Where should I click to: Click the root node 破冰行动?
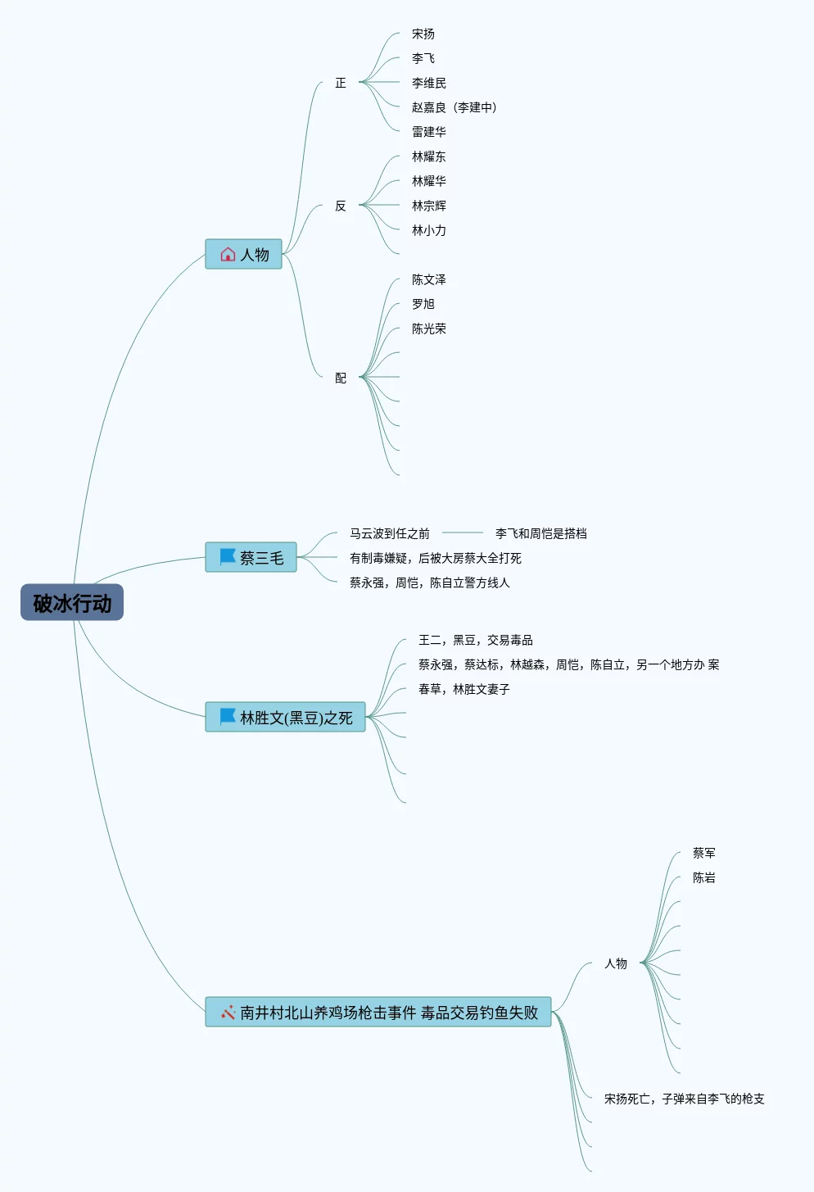point(72,603)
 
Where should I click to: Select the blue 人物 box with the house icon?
point(243,254)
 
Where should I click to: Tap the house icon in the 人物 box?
point(228,255)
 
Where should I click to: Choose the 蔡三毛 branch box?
point(251,558)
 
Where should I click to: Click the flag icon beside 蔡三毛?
point(228,557)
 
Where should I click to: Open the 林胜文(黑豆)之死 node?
point(285,718)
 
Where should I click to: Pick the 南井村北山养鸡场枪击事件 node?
point(378,1013)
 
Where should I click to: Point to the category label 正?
point(341,83)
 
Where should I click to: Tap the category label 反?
point(341,206)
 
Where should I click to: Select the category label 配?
point(341,378)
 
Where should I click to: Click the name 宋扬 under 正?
point(423,34)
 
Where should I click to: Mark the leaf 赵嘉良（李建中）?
point(454,107)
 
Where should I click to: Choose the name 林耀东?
point(429,156)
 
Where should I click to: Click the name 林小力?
point(429,230)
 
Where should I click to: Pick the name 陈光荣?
point(429,329)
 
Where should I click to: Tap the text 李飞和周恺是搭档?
point(541,533)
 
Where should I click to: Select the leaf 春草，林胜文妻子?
point(464,689)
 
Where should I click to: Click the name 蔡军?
point(704,853)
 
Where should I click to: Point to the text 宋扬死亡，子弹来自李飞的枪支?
point(685,1099)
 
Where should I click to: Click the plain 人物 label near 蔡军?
point(616,963)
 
